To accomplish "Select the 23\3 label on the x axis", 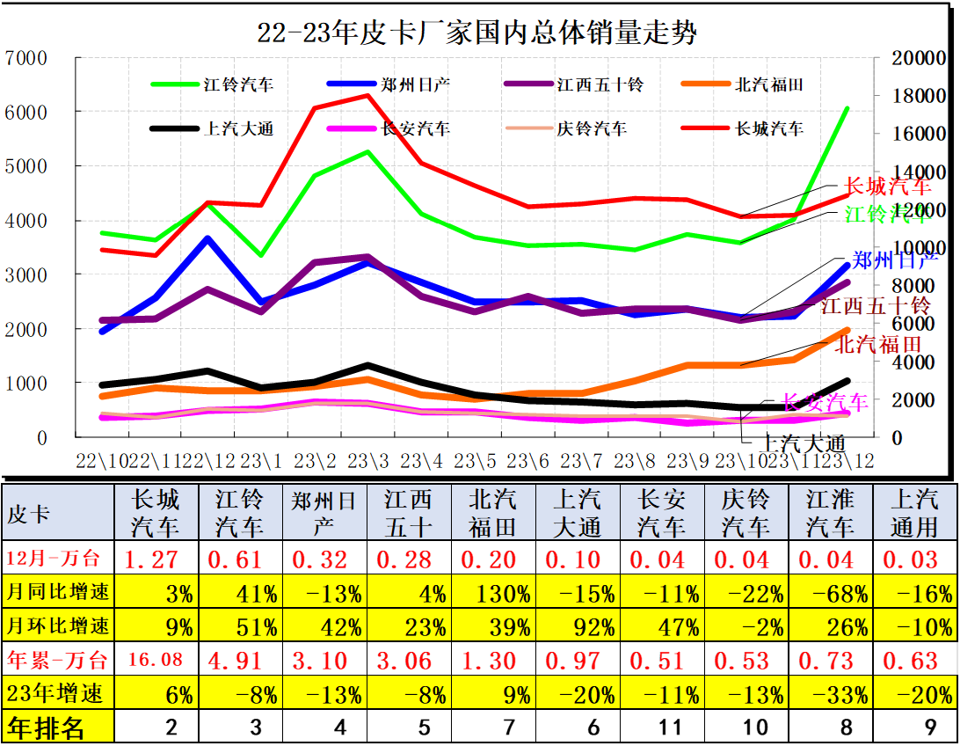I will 367,460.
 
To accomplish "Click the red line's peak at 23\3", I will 367,95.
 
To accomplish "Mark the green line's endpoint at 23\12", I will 847,108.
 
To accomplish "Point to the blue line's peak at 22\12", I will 207,238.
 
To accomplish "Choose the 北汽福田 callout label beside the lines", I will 877,344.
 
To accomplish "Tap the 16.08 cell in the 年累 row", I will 156,661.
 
